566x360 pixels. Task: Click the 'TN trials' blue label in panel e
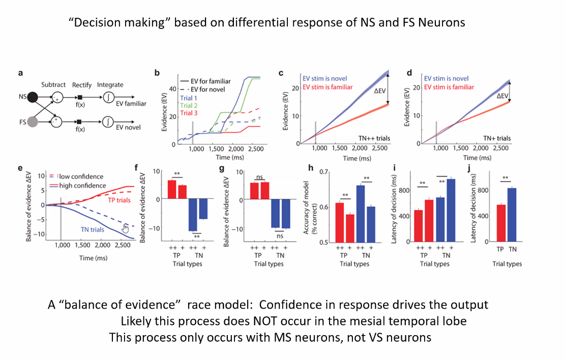pyautogui.click(x=92, y=230)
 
